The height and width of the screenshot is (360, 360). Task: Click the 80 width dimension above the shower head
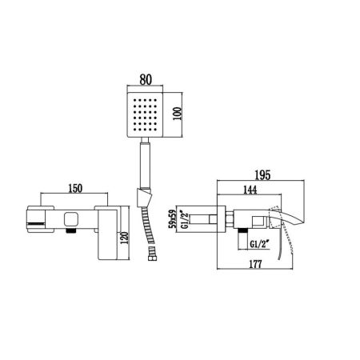tap(146, 79)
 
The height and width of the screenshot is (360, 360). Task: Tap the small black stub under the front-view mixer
tap(70, 232)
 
